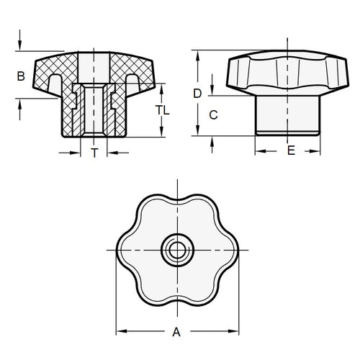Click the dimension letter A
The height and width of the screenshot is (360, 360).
pos(175,332)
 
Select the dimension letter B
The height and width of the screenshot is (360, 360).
pos(21,76)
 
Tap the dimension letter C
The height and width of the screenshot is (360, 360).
pos(212,114)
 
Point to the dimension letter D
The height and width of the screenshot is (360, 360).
pos(197,92)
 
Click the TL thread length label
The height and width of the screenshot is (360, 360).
pos(164,110)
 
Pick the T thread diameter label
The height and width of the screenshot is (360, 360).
pos(94,152)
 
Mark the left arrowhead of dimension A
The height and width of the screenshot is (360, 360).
pos(120,332)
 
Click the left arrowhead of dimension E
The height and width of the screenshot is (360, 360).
pos(260,151)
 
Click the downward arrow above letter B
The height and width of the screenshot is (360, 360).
pos(21,44)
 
